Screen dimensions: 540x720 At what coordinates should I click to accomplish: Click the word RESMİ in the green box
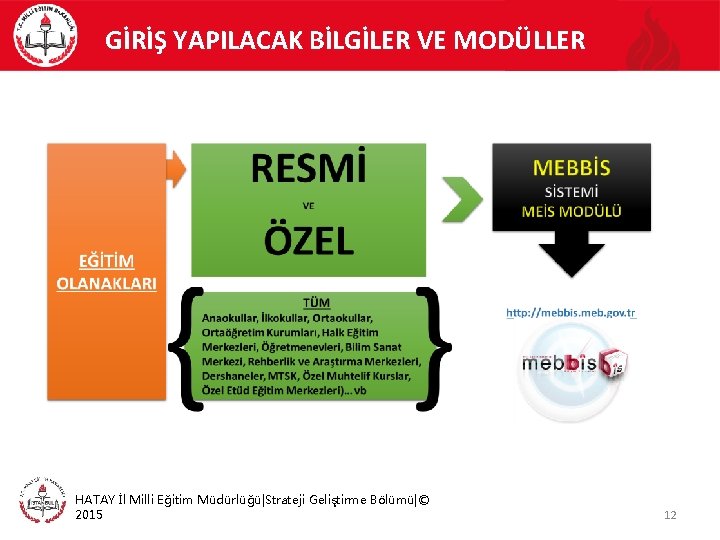[x=308, y=169]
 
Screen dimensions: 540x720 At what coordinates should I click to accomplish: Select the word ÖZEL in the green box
[x=308, y=241]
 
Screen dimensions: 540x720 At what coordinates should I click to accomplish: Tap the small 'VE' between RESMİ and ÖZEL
[x=308, y=206]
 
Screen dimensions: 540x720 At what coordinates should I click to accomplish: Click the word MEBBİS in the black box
[x=571, y=167]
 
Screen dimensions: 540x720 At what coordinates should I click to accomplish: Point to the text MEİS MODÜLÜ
[x=571, y=211]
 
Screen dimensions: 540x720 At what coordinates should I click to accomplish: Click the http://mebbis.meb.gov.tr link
[x=570, y=313]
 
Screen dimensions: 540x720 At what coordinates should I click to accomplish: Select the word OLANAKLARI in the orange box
[x=106, y=282]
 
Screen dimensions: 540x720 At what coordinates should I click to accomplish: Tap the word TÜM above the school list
[x=316, y=302]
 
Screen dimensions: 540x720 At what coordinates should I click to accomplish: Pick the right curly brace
[x=434, y=347]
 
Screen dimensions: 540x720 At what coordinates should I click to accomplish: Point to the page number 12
[x=670, y=515]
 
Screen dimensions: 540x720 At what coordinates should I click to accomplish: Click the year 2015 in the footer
[x=89, y=514]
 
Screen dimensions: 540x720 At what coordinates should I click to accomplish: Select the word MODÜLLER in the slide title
[x=520, y=41]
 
